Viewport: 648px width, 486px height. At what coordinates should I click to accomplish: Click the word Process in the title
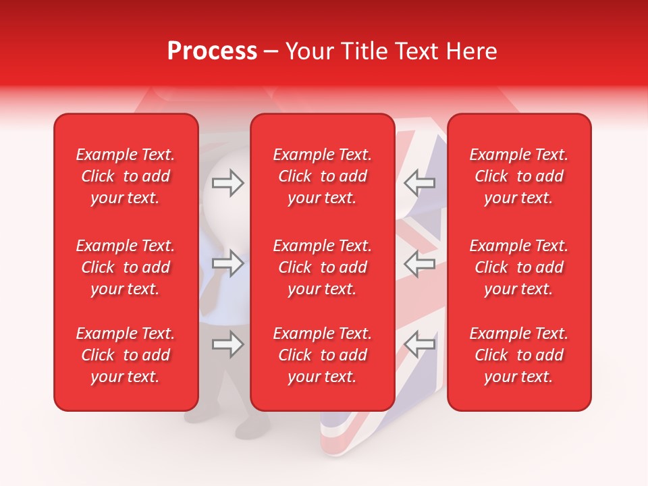(x=212, y=51)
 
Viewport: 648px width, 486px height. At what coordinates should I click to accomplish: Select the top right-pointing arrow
(x=227, y=182)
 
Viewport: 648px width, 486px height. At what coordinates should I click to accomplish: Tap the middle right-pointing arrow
(x=227, y=263)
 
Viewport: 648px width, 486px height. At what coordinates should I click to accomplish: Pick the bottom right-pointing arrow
(x=227, y=345)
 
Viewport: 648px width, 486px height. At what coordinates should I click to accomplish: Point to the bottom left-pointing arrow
(x=420, y=345)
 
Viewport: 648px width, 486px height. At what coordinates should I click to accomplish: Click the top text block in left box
(x=126, y=176)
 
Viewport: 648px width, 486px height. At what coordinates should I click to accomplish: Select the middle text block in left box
(x=126, y=267)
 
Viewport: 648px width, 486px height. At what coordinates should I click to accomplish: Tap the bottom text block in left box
(x=126, y=355)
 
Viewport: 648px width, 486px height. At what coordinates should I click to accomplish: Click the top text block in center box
(x=323, y=176)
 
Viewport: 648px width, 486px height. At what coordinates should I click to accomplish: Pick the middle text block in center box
(x=323, y=267)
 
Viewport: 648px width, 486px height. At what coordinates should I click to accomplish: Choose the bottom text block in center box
(x=323, y=355)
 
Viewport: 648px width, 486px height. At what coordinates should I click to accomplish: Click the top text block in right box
(x=519, y=176)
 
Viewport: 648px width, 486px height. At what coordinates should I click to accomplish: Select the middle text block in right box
(x=519, y=267)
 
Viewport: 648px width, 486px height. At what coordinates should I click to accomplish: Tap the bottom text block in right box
(x=519, y=355)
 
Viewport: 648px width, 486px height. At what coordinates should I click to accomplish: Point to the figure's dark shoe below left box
(x=253, y=429)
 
